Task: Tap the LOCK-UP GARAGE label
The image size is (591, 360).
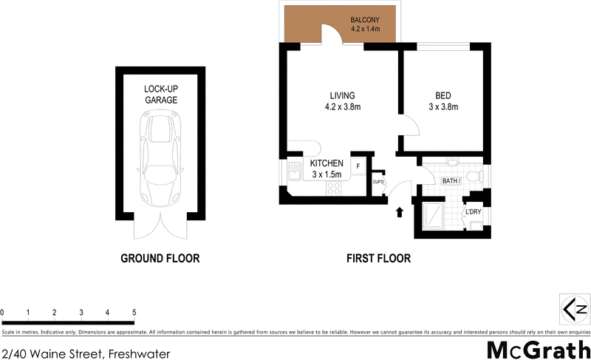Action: click(x=160, y=94)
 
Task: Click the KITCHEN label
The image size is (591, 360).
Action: click(x=326, y=168)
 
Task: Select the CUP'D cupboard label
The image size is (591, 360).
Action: click(x=378, y=182)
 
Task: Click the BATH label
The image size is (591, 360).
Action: click(x=451, y=180)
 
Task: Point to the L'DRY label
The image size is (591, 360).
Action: click(x=473, y=213)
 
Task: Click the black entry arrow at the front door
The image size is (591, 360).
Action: click(x=400, y=213)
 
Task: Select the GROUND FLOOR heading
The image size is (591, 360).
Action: click(x=160, y=259)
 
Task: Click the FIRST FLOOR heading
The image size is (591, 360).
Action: click(x=378, y=259)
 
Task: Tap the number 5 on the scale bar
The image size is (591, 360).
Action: click(x=134, y=312)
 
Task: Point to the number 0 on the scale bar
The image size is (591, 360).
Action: click(x=3, y=312)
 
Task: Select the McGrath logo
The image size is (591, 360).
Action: click(x=538, y=350)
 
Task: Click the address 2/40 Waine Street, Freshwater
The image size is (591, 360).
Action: click(x=86, y=353)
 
